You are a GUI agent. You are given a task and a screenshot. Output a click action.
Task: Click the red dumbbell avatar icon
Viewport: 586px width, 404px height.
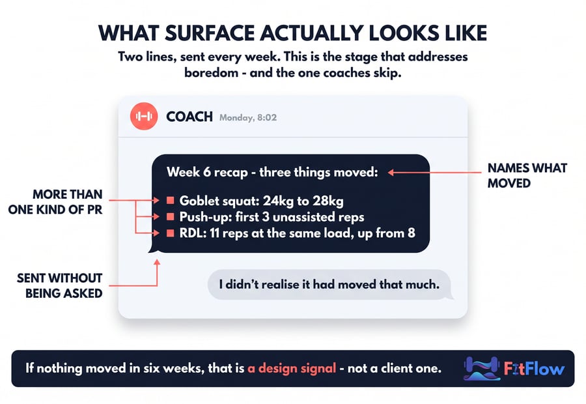click(x=144, y=117)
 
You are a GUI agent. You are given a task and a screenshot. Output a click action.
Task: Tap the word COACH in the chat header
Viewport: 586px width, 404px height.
click(x=189, y=117)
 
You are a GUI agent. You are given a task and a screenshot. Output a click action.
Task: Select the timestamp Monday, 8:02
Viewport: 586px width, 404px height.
click(x=248, y=117)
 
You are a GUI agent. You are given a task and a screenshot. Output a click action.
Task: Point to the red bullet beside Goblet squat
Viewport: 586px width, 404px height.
click(x=171, y=201)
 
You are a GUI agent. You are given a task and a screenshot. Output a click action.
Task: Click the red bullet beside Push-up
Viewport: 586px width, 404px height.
click(x=171, y=216)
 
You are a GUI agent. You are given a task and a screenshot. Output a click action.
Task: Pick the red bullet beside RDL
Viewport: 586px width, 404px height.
click(x=171, y=233)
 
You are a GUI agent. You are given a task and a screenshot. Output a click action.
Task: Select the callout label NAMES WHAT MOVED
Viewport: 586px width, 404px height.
click(x=527, y=175)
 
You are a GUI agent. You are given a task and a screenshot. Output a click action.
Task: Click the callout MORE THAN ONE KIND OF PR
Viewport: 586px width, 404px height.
click(x=55, y=202)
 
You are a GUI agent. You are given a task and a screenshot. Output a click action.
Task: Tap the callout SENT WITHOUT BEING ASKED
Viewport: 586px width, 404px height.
click(x=59, y=285)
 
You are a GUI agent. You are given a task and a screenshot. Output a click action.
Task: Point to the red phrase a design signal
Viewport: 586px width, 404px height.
click(x=292, y=368)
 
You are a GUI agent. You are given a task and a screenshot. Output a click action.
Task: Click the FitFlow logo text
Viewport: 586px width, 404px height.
click(x=534, y=368)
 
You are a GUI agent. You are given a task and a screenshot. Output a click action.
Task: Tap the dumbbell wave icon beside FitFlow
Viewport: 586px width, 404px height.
click(x=482, y=368)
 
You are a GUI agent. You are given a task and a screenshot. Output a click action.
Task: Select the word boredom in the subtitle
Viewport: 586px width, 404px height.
click(x=211, y=72)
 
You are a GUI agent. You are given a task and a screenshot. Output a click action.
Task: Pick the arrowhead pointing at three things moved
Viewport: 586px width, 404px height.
click(x=391, y=173)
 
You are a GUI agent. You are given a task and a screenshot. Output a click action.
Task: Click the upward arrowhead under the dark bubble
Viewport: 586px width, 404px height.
click(x=157, y=263)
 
